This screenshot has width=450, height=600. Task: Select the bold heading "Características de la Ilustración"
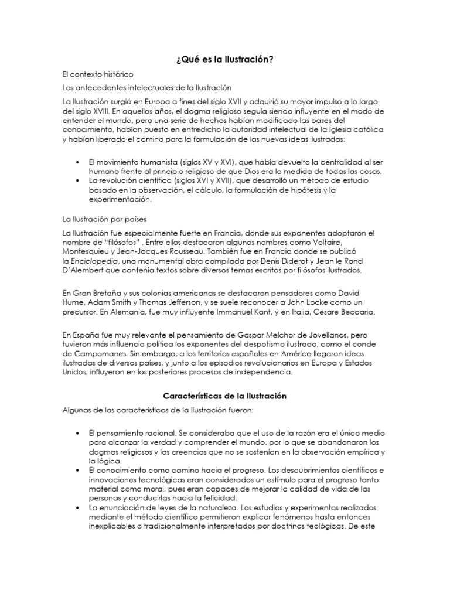tap(224, 396)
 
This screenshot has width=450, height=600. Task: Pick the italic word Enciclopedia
tap(94, 261)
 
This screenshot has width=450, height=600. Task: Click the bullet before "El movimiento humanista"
tap(79, 162)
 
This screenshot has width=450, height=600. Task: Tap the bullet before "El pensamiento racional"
tap(79, 432)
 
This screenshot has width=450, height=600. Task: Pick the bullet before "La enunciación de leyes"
tap(79, 507)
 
